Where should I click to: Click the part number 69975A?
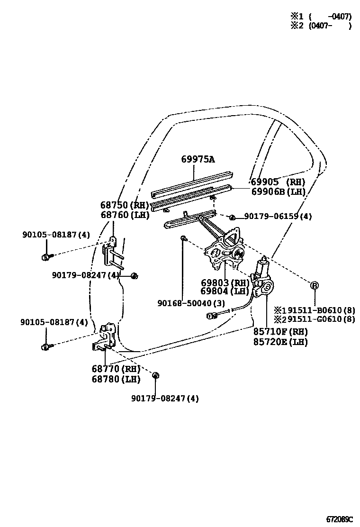click(198, 159)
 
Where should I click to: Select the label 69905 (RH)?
click(278, 182)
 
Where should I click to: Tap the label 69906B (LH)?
click(278, 191)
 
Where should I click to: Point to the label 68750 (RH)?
click(125, 205)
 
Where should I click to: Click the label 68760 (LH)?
click(125, 215)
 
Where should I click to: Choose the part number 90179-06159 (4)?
click(278, 217)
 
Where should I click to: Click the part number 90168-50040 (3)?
click(191, 303)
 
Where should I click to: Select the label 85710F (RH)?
click(280, 332)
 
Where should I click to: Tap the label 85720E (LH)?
click(280, 342)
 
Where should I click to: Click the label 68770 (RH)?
click(116, 369)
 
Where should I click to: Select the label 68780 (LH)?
click(116, 379)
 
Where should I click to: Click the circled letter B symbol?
click(314, 285)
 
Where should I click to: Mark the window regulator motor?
click(262, 270)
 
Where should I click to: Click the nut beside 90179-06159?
click(232, 217)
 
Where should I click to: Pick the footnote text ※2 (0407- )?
click(320, 27)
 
